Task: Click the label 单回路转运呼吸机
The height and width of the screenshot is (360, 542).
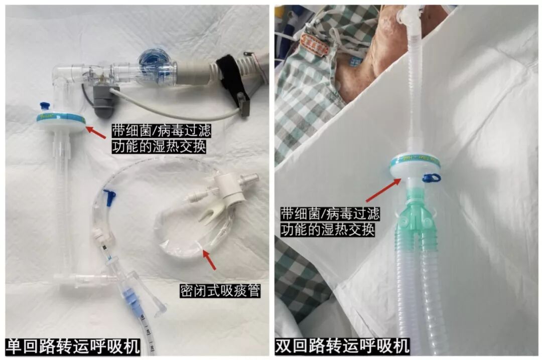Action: click(73, 346)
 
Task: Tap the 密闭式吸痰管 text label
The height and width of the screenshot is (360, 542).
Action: click(220, 290)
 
